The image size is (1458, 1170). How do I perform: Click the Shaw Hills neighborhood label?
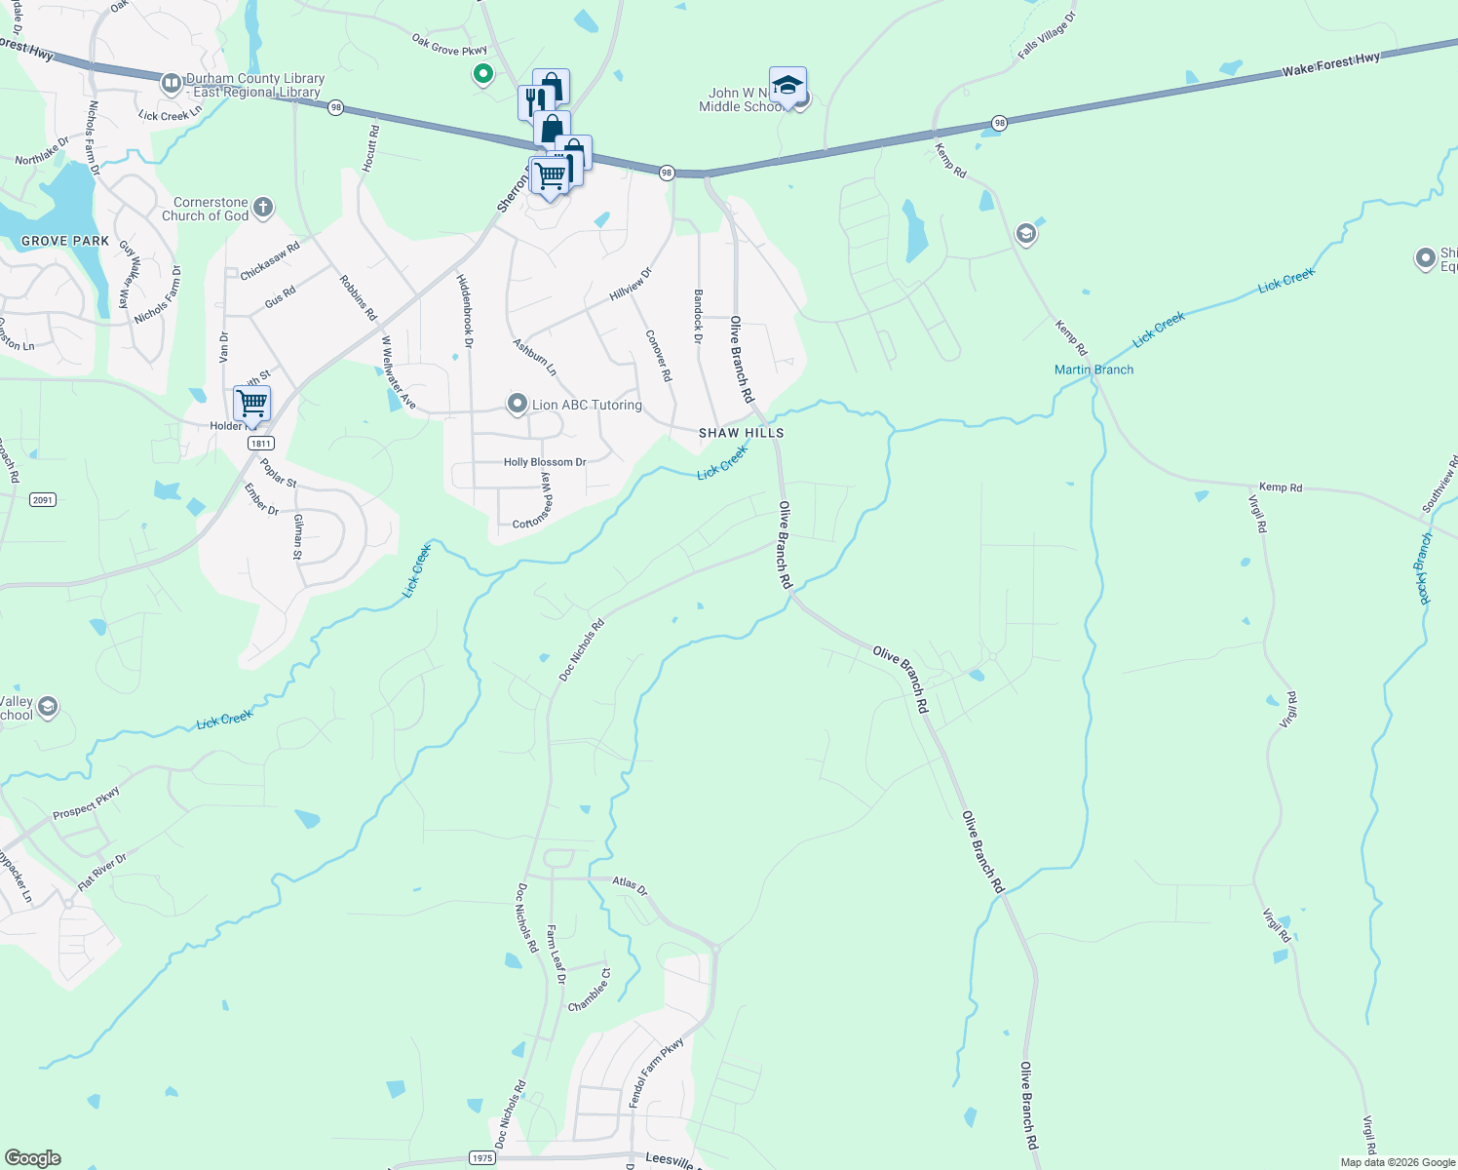point(741,433)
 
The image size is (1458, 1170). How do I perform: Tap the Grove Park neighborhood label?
point(65,241)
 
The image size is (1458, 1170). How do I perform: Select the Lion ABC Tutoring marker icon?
point(518,404)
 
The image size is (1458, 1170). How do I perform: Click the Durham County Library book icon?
point(172,85)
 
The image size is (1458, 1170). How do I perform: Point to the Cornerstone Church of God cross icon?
point(262,208)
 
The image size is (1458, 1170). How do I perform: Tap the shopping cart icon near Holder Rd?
point(251,402)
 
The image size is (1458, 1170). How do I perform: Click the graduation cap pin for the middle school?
point(787,86)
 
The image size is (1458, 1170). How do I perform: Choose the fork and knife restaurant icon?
point(534,100)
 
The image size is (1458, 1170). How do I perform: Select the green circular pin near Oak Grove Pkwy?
point(482,73)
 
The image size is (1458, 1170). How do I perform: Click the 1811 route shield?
point(260,444)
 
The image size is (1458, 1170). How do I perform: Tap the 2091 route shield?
point(42,500)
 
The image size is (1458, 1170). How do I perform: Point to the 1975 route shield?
point(481,1158)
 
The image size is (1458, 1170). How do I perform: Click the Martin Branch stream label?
point(1093,370)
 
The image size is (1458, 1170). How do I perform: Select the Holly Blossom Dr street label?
point(545,462)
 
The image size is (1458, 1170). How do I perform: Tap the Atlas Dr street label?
point(630,885)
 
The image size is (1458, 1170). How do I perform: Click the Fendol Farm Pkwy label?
point(656,1072)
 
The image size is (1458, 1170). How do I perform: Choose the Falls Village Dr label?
point(1047,36)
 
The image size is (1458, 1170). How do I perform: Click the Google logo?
point(32,1158)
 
